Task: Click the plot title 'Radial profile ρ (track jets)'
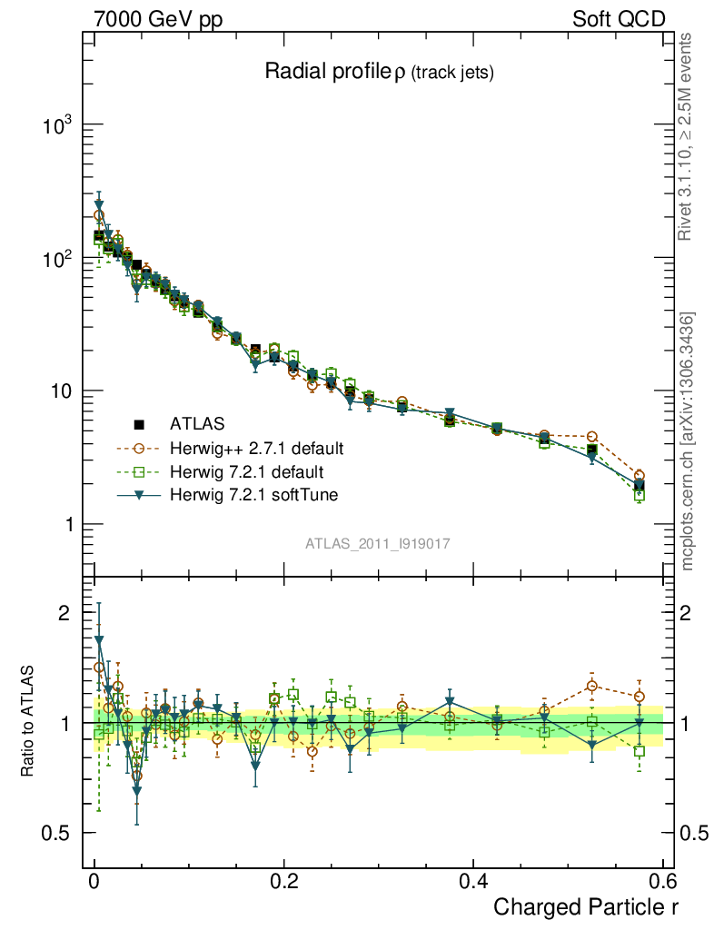[378, 73]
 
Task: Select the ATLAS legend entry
[196, 423]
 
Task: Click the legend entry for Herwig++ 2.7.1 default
[256, 448]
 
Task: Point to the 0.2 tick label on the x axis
[283, 881]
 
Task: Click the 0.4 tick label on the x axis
[472, 881]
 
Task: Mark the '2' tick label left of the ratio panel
[64, 613]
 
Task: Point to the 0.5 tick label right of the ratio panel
[694, 834]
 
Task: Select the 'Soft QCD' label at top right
[619, 19]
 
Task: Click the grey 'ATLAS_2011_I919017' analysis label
[378, 543]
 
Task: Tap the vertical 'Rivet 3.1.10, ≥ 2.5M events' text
[688, 136]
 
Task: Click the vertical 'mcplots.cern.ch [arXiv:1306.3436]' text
[688, 440]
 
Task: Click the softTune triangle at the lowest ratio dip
[136, 791]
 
